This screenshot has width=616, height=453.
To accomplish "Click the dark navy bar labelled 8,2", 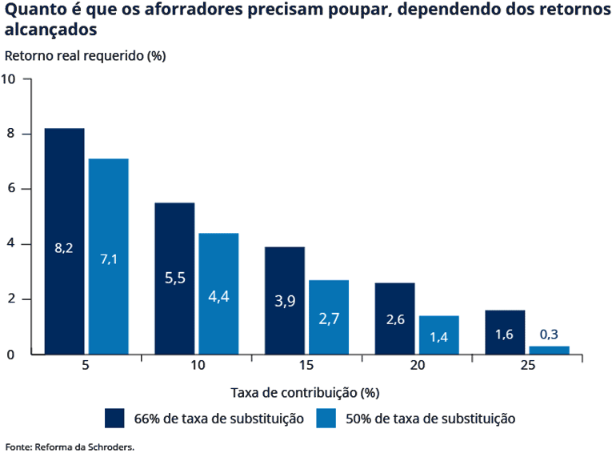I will coord(64,240).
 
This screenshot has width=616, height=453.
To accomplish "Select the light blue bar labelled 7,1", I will coord(109,256).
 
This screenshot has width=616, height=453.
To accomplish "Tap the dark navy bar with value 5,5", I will coord(174,278).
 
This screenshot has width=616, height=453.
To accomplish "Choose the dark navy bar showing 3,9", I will coord(285,300).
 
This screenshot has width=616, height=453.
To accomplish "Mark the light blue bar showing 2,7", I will coord(329,317).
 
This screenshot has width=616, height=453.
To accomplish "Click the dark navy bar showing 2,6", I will coord(395,318).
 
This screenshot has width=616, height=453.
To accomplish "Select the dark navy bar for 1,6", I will coord(505,332).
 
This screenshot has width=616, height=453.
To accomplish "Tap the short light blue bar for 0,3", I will coord(550,351).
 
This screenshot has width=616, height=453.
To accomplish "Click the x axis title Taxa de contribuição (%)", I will coord(305,392).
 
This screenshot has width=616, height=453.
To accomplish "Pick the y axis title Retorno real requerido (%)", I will coord(85,56).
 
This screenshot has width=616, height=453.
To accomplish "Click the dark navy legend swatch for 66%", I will coord(114,419).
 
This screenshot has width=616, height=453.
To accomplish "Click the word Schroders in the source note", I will coord(113,446).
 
